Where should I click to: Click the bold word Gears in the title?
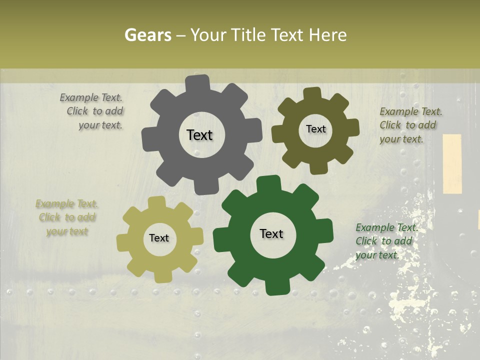pos(148,35)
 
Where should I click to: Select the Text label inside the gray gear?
pos(199,135)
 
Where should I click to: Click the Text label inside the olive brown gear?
pos(315,129)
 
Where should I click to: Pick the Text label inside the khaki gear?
pos(159,238)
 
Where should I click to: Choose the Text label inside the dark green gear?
pos(271,233)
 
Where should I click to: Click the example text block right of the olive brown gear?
pos(410,125)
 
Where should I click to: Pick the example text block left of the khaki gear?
pos(67,217)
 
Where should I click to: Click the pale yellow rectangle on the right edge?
pos(452,163)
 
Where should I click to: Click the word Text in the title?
pos(288,35)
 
